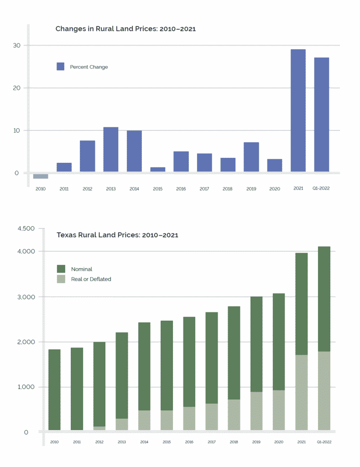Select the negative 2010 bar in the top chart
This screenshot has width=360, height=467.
coord(41,176)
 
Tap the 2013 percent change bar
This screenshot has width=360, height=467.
coord(111,149)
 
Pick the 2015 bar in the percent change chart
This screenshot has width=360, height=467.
coord(158,169)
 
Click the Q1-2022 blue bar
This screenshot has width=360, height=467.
coord(321,114)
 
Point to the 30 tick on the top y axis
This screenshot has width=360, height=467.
coord(16,46)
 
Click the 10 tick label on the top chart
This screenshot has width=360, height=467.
coord(16,130)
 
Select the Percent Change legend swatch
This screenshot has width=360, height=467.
coord(61,67)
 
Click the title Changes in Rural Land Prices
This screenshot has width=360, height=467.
coord(125,29)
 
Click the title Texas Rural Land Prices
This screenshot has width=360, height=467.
coord(117,235)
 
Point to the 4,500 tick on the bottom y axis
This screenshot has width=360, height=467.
coord(26,228)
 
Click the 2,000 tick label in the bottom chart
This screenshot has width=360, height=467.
coord(26,342)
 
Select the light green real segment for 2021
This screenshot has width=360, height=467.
coord(301,392)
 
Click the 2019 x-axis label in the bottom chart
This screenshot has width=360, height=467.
coord(256,442)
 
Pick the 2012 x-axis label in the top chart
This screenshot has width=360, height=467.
coord(88,188)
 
